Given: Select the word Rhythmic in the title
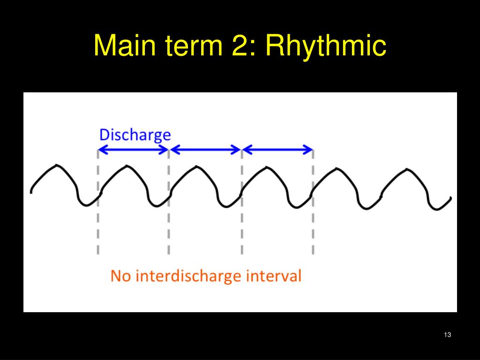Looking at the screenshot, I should [x=326, y=46].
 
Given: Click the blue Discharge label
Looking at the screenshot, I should [x=135, y=135].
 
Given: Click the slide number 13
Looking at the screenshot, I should [x=447, y=335].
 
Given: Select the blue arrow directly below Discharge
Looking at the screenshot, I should [x=133, y=150].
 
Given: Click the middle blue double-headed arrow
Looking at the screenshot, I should [x=205, y=150].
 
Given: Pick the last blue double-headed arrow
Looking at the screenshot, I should [x=278, y=150].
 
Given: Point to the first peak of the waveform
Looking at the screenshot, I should [x=57, y=165].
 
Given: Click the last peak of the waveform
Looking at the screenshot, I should [x=406, y=169].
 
